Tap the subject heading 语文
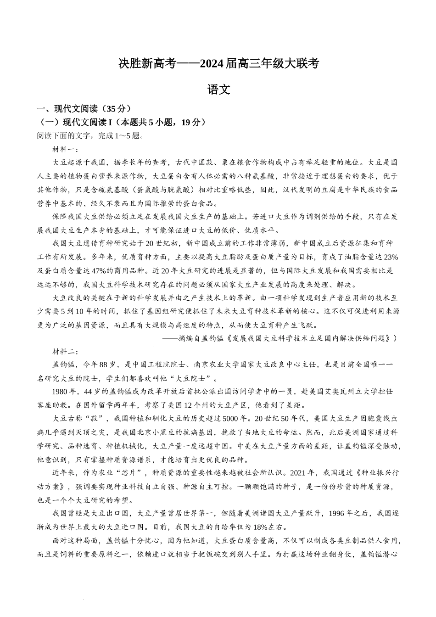coord(218,90)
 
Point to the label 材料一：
coord(66,149)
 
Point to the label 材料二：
coord(66,352)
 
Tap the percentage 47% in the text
coord(76,270)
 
